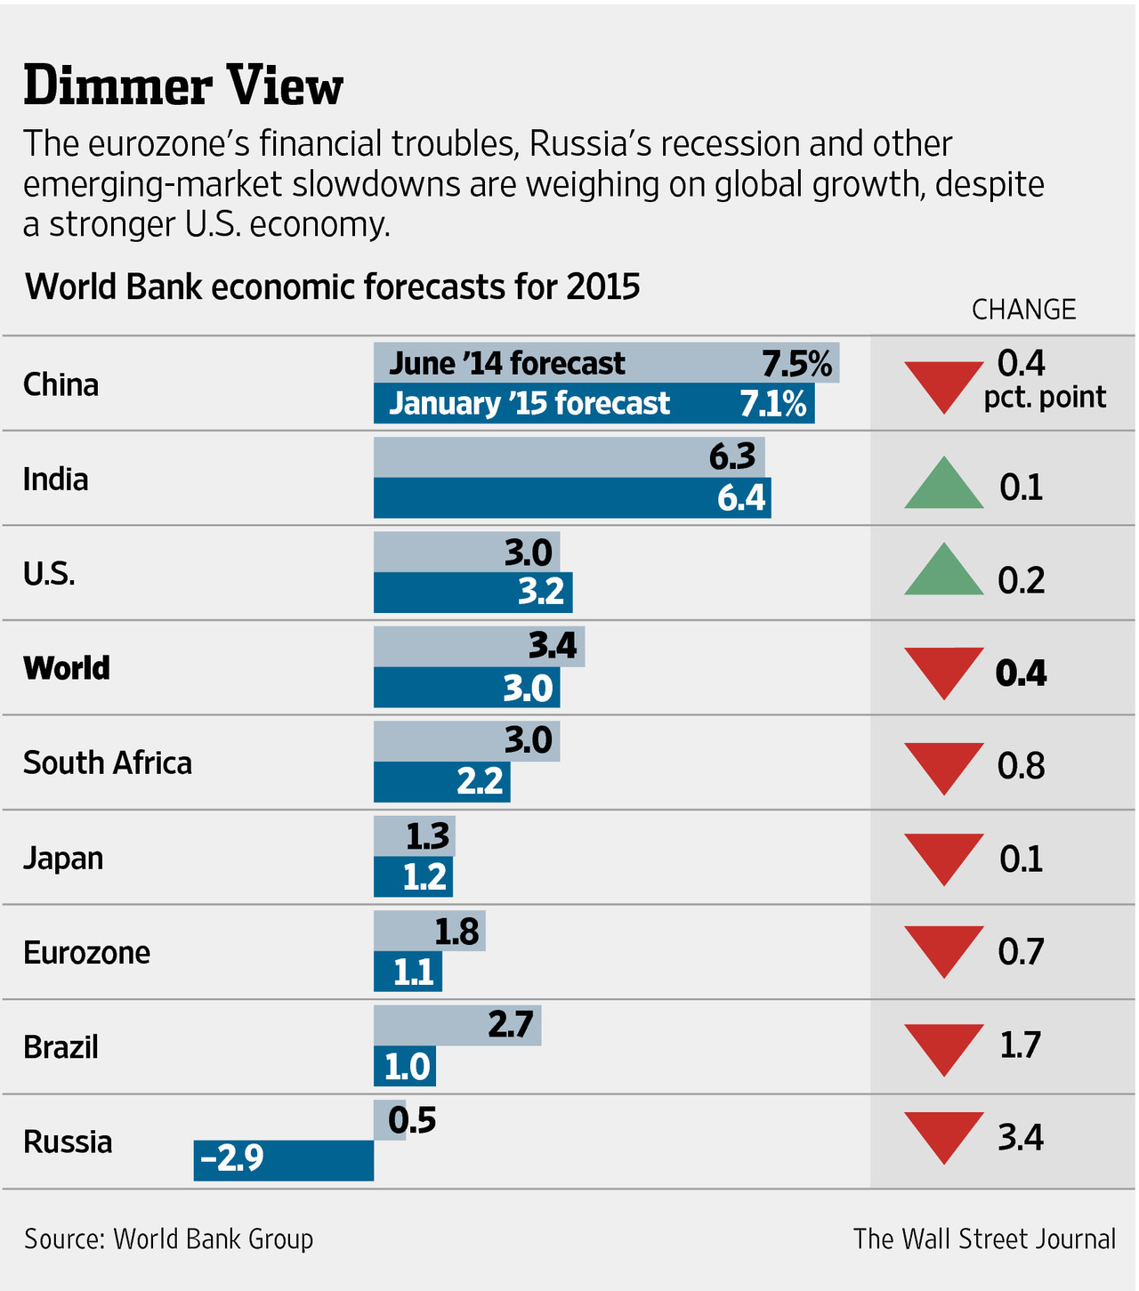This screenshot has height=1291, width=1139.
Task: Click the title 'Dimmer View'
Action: (x=182, y=87)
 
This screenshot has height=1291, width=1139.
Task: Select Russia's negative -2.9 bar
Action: (x=283, y=1160)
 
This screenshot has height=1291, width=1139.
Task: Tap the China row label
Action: (x=61, y=384)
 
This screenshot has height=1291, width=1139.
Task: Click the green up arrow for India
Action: (x=943, y=485)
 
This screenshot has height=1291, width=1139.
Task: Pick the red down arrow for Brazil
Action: (x=943, y=1048)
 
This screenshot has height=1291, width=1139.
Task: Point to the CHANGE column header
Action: (x=1023, y=310)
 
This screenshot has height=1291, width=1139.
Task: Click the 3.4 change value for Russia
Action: (x=1020, y=1138)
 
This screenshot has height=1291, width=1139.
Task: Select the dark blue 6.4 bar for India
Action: (x=571, y=497)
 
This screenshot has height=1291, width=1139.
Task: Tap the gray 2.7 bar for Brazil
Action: (x=456, y=1025)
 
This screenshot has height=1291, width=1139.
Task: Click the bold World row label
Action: (x=67, y=668)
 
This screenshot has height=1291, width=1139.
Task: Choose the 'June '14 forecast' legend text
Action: (x=507, y=363)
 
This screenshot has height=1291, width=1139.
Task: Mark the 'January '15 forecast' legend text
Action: (x=529, y=403)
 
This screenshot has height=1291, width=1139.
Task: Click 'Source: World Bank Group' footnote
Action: (x=168, y=1239)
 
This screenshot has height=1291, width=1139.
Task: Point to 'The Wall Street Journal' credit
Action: (x=984, y=1239)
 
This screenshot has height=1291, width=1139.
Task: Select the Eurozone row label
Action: (x=86, y=953)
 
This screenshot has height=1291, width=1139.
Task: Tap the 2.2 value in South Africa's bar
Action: (x=480, y=781)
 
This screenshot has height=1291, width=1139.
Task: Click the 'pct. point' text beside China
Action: (x=1045, y=397)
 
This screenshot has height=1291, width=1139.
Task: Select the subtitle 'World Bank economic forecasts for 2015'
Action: (x=332, y=286)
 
